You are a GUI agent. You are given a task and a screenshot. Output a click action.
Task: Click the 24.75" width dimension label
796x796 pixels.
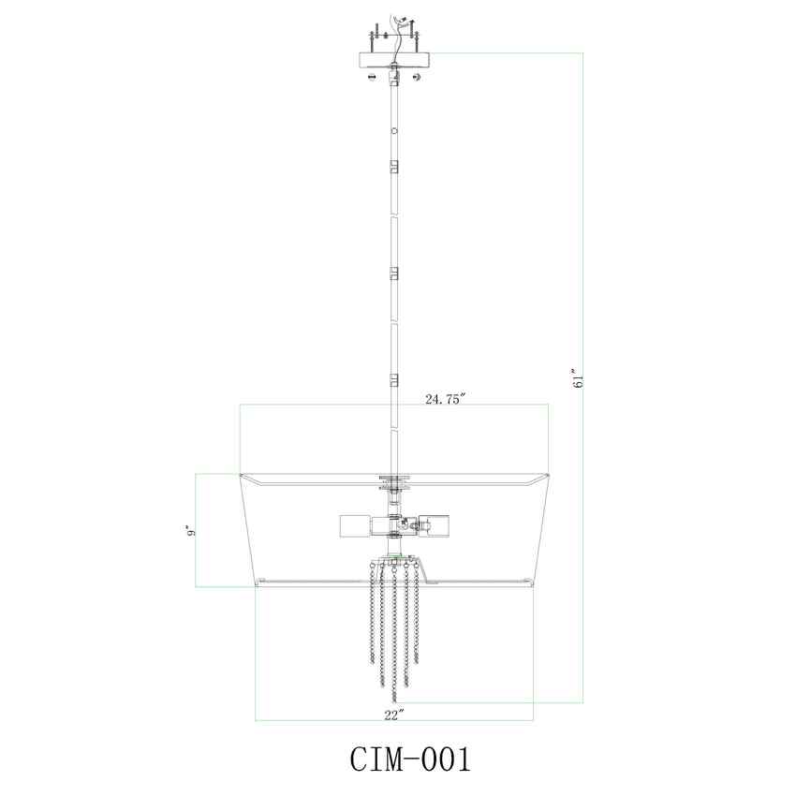click(x=445, y=398)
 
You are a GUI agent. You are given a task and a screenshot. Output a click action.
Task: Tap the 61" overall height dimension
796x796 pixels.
click(x=580, y=377)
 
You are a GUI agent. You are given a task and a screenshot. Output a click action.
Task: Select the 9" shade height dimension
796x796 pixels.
click(x=191, y=530)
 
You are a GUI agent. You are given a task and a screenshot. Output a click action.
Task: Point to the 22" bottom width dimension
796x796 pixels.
click(x=394, y=715)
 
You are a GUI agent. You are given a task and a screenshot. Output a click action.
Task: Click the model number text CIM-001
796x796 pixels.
click(x=397, y=759)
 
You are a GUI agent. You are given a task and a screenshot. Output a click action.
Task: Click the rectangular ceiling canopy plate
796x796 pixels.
click(x=394, y=59)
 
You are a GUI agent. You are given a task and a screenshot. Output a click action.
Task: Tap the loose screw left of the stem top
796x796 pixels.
click(x=372, y=77)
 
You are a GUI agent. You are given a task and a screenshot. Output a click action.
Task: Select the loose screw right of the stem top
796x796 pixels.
click(x=417, y=77)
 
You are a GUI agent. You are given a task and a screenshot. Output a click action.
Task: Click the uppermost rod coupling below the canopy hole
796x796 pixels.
click(x=394, y=167)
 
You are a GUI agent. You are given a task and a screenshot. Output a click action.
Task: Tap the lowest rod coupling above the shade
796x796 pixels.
click(x=394, y=380)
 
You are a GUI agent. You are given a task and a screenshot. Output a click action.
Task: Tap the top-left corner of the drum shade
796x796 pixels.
click(x=242, y=476)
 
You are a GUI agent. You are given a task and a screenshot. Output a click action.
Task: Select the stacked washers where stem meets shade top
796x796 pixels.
click(x=394, y=483)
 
